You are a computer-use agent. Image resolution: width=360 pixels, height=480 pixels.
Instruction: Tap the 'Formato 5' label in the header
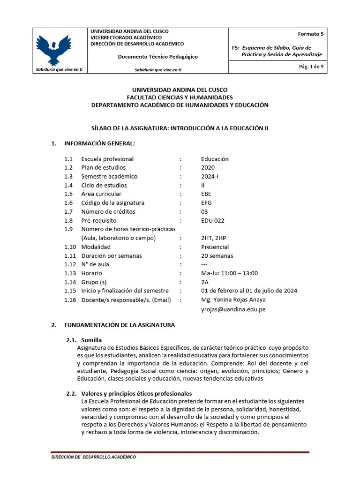pos(310,34)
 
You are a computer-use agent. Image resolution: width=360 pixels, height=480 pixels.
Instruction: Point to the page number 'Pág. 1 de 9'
pos(311,67)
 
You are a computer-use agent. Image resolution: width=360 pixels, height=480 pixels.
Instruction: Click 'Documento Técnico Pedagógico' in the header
pos(157,57)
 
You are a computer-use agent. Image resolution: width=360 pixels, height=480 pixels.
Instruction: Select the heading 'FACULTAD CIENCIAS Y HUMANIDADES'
pos(180,97)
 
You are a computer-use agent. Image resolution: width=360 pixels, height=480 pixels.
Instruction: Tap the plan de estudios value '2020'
pos(209,167)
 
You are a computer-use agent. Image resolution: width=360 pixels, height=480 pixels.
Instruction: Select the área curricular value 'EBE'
pos(206,194)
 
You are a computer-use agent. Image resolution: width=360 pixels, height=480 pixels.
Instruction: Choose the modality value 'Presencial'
pos(215,247)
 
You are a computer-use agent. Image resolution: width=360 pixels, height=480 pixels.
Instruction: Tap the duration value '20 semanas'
pos(217,255)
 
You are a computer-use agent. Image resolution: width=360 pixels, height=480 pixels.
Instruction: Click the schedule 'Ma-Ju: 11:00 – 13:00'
pos(229,273)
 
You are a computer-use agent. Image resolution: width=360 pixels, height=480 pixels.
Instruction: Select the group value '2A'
pos(205,282)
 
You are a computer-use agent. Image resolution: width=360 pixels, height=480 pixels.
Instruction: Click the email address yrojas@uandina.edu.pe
pos(233,309)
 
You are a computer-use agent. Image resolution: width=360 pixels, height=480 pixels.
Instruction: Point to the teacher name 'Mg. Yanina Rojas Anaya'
pos(233,300)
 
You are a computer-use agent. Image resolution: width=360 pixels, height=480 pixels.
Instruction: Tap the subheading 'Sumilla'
pos(92,340)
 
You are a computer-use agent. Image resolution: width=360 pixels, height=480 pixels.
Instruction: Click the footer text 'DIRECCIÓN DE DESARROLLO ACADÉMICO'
pos(94,457)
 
